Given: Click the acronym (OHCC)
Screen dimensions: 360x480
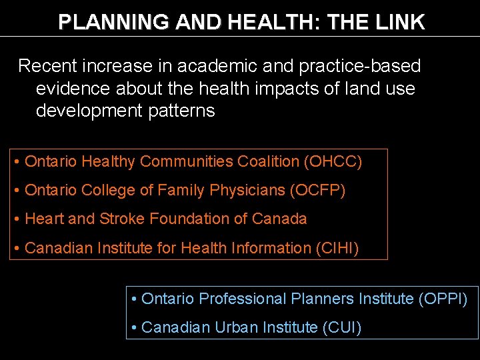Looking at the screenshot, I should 333,161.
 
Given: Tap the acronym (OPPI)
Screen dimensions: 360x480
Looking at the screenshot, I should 443,299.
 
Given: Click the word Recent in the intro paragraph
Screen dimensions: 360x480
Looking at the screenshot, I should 49,66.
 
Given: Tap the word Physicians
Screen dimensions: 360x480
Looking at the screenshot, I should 247,191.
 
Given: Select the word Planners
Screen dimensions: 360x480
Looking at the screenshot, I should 322,299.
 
